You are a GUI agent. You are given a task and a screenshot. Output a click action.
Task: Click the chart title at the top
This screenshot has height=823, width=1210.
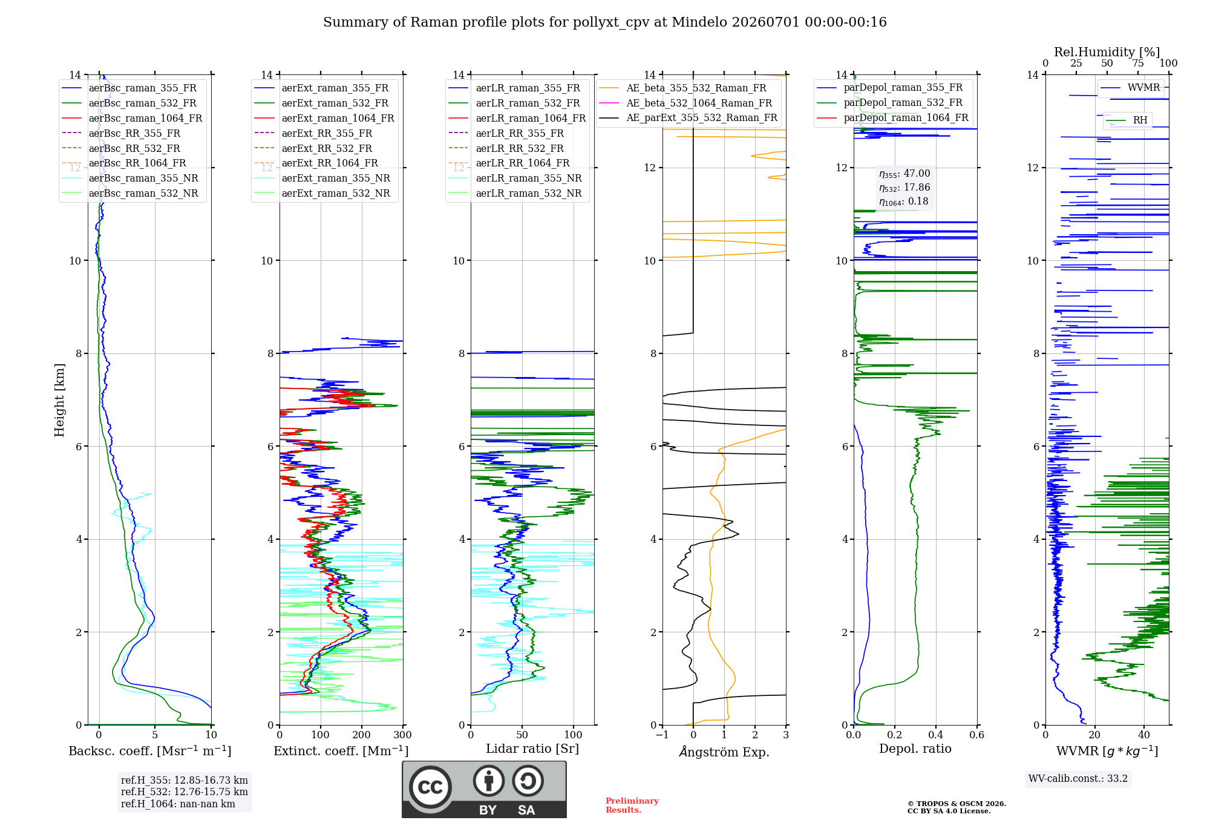coord(605,22)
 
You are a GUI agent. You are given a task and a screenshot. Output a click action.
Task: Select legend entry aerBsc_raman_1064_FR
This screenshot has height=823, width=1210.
coord(132,118)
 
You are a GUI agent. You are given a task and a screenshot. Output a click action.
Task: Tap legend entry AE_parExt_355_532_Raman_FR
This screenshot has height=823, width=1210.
coord(688,117)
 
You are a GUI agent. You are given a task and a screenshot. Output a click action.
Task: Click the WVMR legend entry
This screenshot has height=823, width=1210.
coord(1130,88)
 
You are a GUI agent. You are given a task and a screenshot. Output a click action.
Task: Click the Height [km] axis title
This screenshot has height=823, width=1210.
coord(59,400)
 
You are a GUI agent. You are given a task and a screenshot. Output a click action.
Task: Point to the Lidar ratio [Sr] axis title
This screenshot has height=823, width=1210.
coord(532,749)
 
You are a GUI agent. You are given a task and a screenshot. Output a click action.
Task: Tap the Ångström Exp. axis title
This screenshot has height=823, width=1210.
coord(724,752)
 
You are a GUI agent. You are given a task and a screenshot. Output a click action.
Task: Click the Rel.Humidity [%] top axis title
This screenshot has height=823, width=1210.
coord(1107,52)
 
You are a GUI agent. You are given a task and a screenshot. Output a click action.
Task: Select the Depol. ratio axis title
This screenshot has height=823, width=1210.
coord(915,749)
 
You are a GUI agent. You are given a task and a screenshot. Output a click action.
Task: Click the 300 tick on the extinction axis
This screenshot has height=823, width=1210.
coord(403,735)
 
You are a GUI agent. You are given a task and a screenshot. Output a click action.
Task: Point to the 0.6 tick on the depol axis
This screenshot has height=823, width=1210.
coord(977,735)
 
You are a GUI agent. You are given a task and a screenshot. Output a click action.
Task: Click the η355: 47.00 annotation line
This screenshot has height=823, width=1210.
coord(904,174)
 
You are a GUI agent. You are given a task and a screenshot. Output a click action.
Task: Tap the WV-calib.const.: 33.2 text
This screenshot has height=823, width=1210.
coord(1078,778)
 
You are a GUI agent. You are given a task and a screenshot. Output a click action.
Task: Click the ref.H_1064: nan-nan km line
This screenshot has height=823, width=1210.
coord(178,804)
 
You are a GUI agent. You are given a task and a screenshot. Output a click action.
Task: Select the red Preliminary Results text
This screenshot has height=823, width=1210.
coord(632,805)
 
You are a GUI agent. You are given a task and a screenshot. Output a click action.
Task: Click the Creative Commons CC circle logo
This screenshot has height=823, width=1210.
coord(430,787)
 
